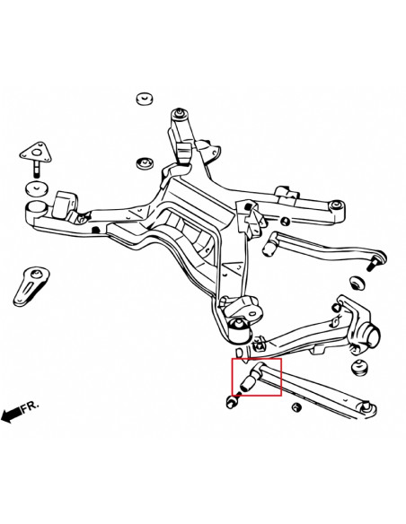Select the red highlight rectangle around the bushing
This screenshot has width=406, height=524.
click(256, 377)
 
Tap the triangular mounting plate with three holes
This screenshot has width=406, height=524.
click(36, 152)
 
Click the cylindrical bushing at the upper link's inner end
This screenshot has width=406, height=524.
click(276, 243)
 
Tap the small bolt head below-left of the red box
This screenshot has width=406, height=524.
click(230, 401)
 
